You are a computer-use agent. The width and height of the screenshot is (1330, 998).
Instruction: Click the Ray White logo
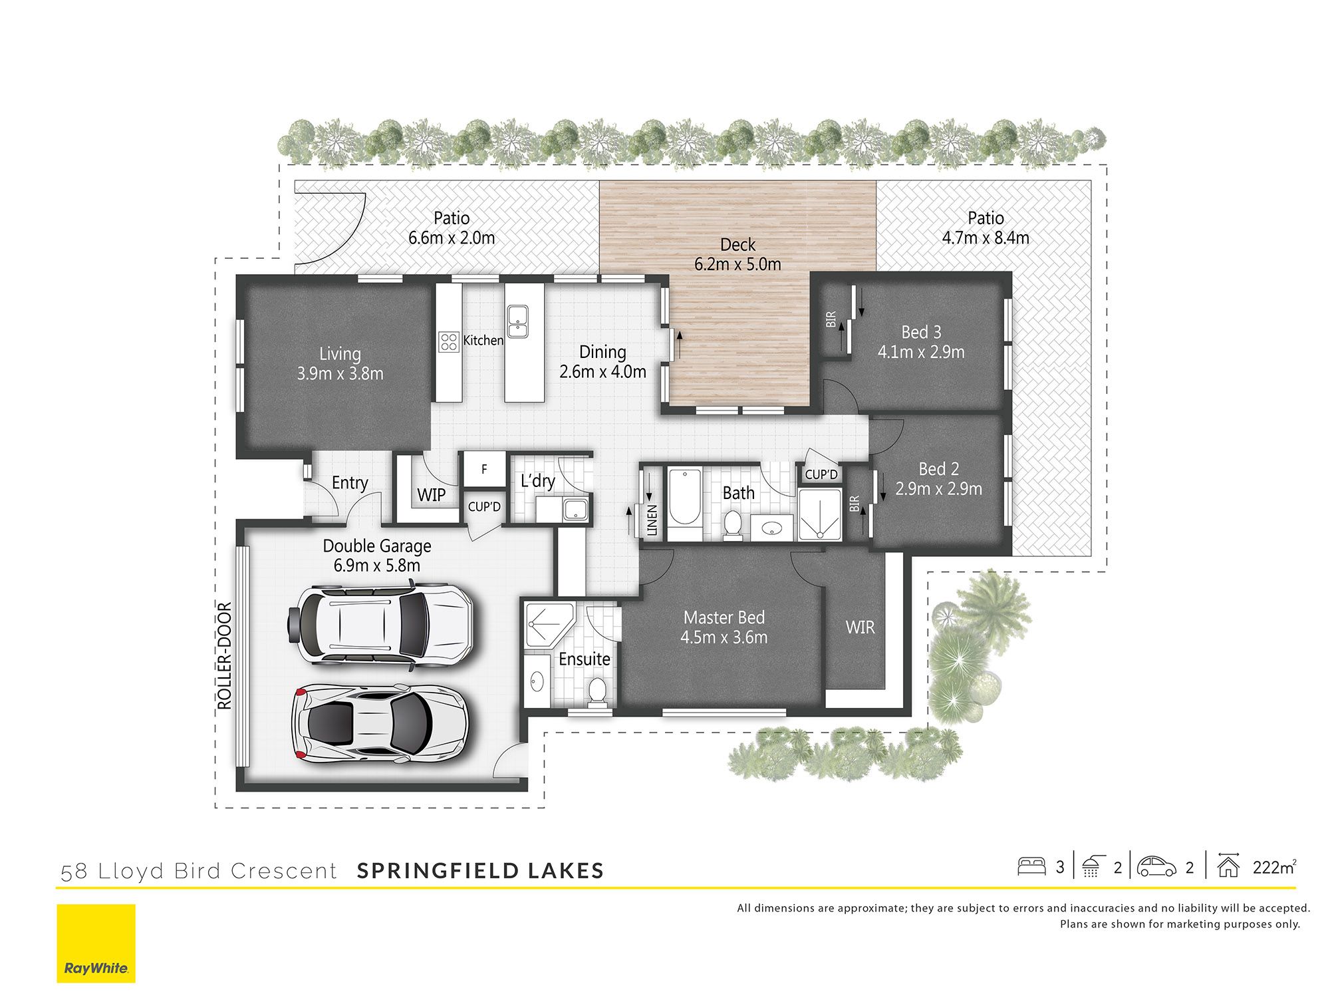(x=96, y=943)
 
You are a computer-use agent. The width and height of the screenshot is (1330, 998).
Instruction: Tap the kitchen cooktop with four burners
(x=449, y=341)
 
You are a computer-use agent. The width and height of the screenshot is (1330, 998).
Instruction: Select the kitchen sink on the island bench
(x=517, y=321)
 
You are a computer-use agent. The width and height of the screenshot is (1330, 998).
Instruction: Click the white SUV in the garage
(x=380, y=625)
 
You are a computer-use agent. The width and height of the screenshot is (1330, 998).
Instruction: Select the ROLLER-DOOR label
(x=225, y=656)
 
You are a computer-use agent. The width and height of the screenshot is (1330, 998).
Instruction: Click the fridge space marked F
(x=484, y=470)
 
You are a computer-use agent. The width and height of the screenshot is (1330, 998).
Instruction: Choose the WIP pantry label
(x=432, y=495)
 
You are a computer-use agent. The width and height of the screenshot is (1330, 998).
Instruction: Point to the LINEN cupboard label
(x=652, y=520)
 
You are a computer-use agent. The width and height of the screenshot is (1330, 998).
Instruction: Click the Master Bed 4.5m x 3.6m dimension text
(x=724, y=637)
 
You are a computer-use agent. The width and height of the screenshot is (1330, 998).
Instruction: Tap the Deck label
(x=738, y=245)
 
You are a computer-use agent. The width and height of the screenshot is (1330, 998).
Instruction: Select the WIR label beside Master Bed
(x=860, y=627)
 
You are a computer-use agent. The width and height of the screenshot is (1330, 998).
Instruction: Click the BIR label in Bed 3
(x=831, y=319)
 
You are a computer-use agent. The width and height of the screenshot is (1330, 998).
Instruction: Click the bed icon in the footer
(x=1031, y=866)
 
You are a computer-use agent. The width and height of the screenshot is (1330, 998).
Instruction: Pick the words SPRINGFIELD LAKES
(x=480, y=871)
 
